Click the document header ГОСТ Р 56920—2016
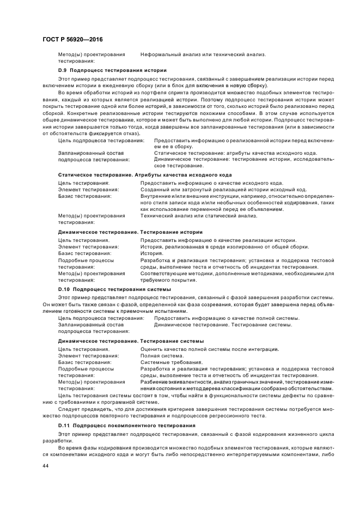tap(72, 40)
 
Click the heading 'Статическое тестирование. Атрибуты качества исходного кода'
tap(145, 174)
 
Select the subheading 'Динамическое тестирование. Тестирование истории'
tap(130, 232)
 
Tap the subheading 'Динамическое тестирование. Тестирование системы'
tap(131, 341)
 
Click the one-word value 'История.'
tap(151, 253)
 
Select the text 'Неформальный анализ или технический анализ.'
tap(203, 54)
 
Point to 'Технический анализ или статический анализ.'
tap(198, 216)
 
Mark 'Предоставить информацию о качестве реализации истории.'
tap(218, 240)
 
